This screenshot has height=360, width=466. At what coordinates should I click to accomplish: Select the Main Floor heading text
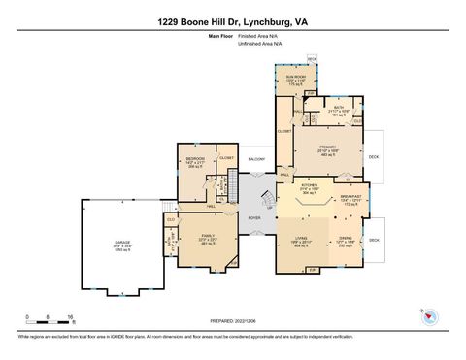[x=221, y=36]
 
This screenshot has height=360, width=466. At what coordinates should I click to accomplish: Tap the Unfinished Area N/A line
[x=259, y=44]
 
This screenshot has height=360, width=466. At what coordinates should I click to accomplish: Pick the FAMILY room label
[x=209, y=236]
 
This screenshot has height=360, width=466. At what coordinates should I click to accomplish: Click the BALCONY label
[x=256, y=158]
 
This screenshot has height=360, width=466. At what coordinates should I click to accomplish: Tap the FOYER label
[x=254, y=218]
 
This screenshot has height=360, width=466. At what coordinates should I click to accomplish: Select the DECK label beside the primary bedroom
[x=374, y=156]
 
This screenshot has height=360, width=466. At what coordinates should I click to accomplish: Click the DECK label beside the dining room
[x=375, y=239]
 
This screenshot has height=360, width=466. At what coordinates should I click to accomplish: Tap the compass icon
[x=426, y=315]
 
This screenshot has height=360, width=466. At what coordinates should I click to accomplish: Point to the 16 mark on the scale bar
[x=70, y=317]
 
